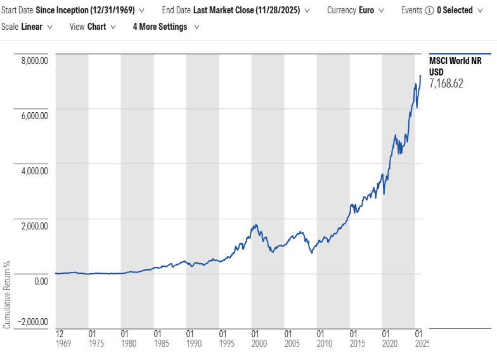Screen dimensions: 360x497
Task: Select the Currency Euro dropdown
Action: [x=357, y=11]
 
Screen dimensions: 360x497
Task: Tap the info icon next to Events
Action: [x=429, y=11]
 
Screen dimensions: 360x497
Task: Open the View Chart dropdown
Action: [x=93, y=27]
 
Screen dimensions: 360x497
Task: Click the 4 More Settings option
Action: [x=165, y=27]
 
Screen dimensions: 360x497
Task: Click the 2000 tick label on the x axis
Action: [x=255, y=343]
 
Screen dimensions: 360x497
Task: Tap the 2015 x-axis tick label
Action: [x=354, y=343]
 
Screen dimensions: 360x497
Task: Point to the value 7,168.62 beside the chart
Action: [x=446, y=83]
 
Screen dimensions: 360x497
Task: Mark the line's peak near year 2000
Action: [x=255, y=224]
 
